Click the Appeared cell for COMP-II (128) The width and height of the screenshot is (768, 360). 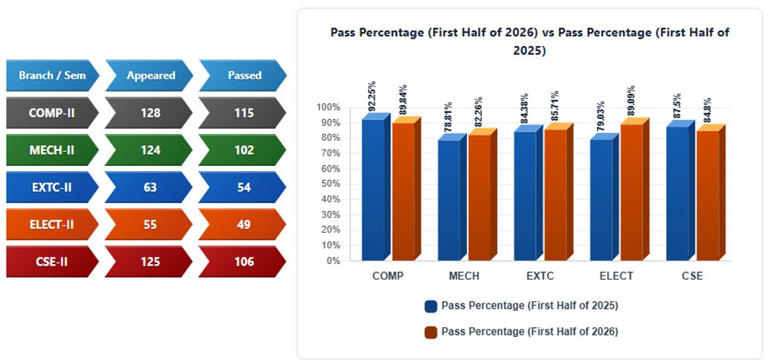(x=149, y=112)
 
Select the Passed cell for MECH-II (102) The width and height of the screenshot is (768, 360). (x=243, y=150)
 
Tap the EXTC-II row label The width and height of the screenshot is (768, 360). (x=52, y=187)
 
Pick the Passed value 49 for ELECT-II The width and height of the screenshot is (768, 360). (x=243, y=225)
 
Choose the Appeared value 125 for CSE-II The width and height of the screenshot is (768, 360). (x=149, y=262)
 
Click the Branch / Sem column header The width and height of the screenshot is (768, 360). (x=52, y=75)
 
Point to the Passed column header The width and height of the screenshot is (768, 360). (x=243, y=75)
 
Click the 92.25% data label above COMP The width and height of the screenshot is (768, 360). (x=372, y=95)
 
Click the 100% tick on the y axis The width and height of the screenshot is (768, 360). (x=328, y=107)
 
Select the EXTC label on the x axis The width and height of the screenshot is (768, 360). (x=540, y=276)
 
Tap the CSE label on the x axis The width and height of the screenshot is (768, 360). (x=693, y=276)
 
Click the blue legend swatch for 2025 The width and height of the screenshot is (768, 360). (x=431, y=306)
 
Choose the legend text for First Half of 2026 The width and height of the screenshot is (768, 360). (x=529, y=332)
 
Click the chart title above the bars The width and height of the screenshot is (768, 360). (x=530, y=42)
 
